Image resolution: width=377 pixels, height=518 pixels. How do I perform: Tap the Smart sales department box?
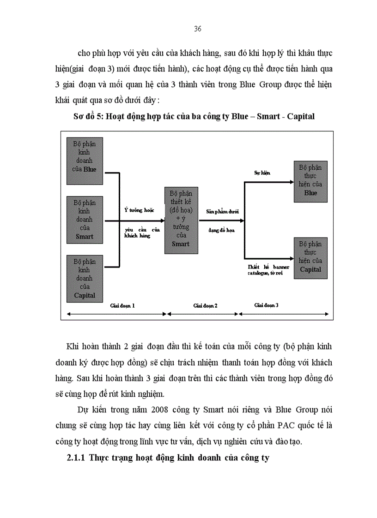(x=85, y=220)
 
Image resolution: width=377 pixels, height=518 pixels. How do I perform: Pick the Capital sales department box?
(x=85, y=279)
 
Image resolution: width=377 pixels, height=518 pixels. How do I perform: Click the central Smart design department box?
(x=181, y=220)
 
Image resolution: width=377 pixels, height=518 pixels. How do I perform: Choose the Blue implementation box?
(x=310, y=181)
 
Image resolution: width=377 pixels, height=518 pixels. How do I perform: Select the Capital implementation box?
(x=310, y=257)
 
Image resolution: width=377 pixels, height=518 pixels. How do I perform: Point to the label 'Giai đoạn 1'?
(x=122, y=305)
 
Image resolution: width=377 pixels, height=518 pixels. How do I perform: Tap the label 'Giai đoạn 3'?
(x=267, y=305)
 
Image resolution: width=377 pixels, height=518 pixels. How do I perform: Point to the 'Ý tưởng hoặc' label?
(x=139, y=210)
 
